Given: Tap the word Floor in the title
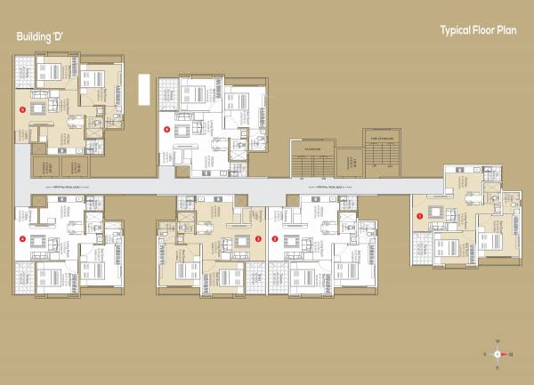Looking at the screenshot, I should [488, 30].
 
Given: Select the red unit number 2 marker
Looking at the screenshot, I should [275, 238].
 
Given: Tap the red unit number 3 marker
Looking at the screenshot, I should [259, 238].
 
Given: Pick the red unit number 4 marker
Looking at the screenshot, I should [22, 238].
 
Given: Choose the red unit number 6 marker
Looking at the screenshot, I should [166, 129].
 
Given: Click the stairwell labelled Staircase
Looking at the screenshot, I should [311, 160].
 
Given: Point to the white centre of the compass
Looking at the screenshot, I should [498, 354].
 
